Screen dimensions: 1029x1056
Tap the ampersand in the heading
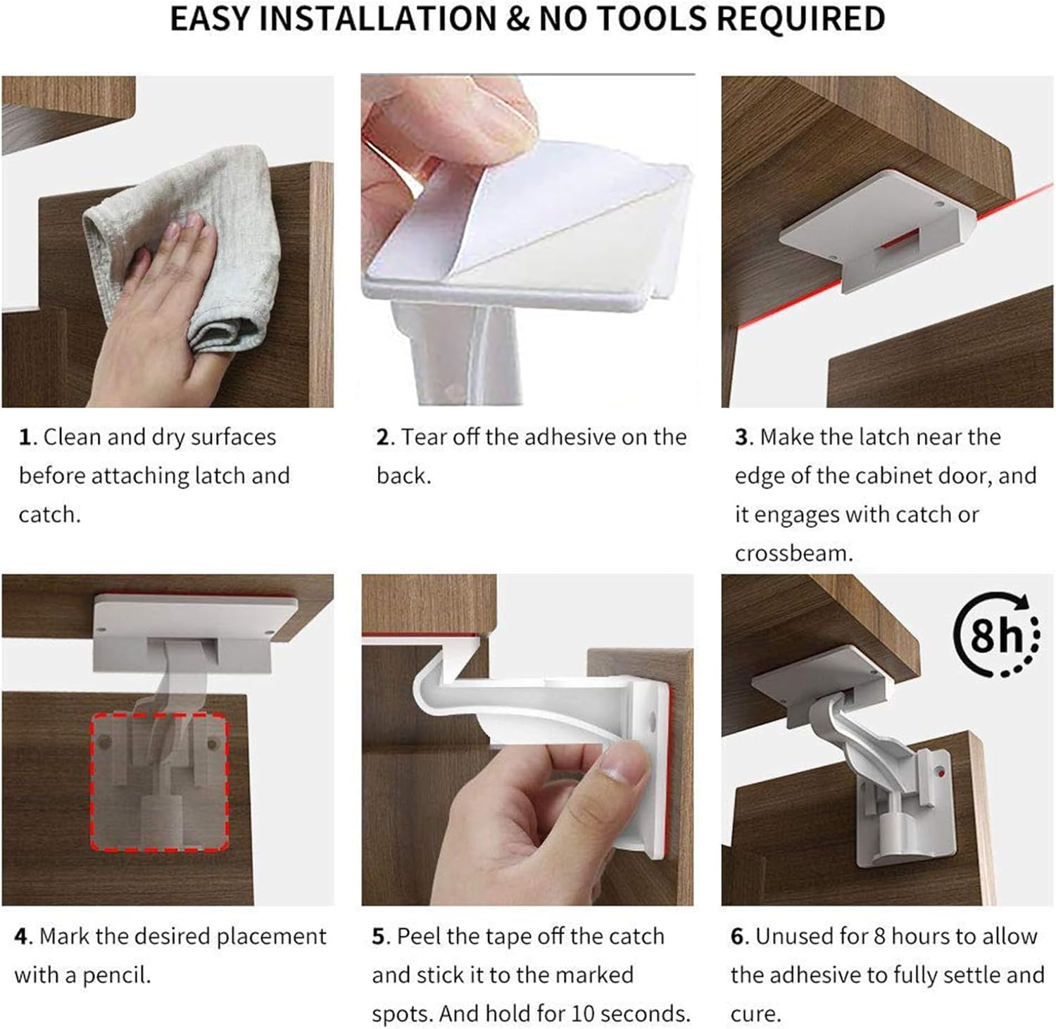pos(517,19)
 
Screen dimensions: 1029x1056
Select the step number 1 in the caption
pos(25,438)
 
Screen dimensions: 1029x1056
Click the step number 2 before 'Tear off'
pos(383,438)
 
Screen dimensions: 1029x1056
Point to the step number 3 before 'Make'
pos(742,438)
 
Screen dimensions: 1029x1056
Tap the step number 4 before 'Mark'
pos(22,937)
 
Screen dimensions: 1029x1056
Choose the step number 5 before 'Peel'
pos(379,937)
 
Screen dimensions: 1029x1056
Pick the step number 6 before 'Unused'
pos(738,937)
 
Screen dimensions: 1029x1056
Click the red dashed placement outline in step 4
pos(159,781)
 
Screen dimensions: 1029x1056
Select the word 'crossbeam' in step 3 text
pos(793,553)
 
